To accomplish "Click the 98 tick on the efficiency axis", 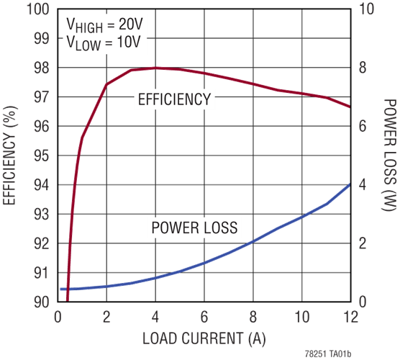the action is (x=41, y=68).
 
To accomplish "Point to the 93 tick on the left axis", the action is (x=41, y=215).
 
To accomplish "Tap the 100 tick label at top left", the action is (x=38, y=9).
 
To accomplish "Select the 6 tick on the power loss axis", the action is (x=363, y=127).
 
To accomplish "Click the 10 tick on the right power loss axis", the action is (x=366, y=9).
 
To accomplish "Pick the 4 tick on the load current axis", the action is (x=155, y=317).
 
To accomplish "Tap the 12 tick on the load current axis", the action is (x=350, y=317).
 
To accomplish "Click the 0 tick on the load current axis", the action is (x=58, y=317).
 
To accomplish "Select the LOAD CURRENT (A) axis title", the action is (x=204, y=339).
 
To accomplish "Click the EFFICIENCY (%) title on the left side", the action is (x=9, y=156).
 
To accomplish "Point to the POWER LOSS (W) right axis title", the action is (x=389, y=155).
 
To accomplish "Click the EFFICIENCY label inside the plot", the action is (x=175, y=99).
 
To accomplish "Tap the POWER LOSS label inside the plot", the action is (x=194, y=228).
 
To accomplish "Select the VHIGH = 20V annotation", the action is (x=104, y=25).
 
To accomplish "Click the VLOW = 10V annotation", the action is (x=104, y=42).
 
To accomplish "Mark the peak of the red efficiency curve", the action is (x=155, y=68).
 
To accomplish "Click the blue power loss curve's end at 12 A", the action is (x=350, y=184).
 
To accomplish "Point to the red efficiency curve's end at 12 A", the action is (x=350, y=107).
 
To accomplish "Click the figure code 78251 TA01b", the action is (x=328, y=354).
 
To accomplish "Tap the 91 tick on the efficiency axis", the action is (x=41, y=273).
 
